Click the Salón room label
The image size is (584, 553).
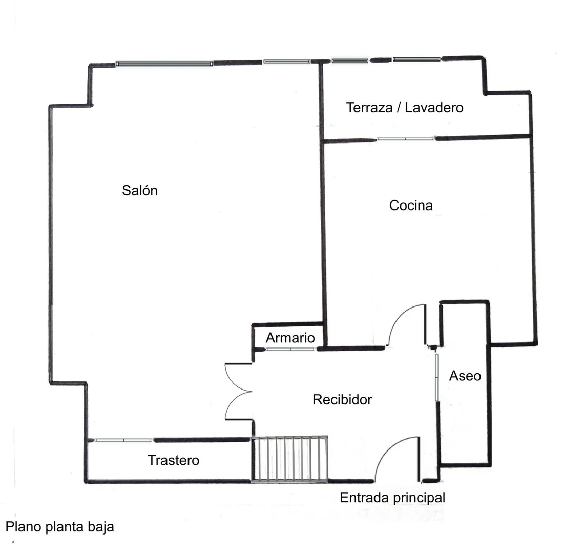click(x=140, y=190)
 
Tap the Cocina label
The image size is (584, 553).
click(x=411, y=206)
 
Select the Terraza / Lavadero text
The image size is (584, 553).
click(x=405, y=108)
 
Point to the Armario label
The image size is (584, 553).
click(x=290, y=338)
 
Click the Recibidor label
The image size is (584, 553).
click(x=342, y=399)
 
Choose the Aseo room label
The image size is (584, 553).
click(x=465, y=376)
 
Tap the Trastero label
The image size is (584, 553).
click(x=173, y=460)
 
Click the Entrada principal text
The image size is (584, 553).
click(x=392, y=498)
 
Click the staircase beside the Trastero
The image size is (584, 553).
click(x=290, y=459)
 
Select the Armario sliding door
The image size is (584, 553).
click(x=290, y=349)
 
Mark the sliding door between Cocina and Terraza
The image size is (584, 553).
click(x=405, y=139)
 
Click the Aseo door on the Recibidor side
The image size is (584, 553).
click(x=436, y=378)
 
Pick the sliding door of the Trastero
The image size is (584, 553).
click(x=123, y=440)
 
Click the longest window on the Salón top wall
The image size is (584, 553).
click(x=164, y=64)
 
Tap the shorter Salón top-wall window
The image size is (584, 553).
click(x=287, y=62)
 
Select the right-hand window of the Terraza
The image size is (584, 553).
click(x=416, y=59)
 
